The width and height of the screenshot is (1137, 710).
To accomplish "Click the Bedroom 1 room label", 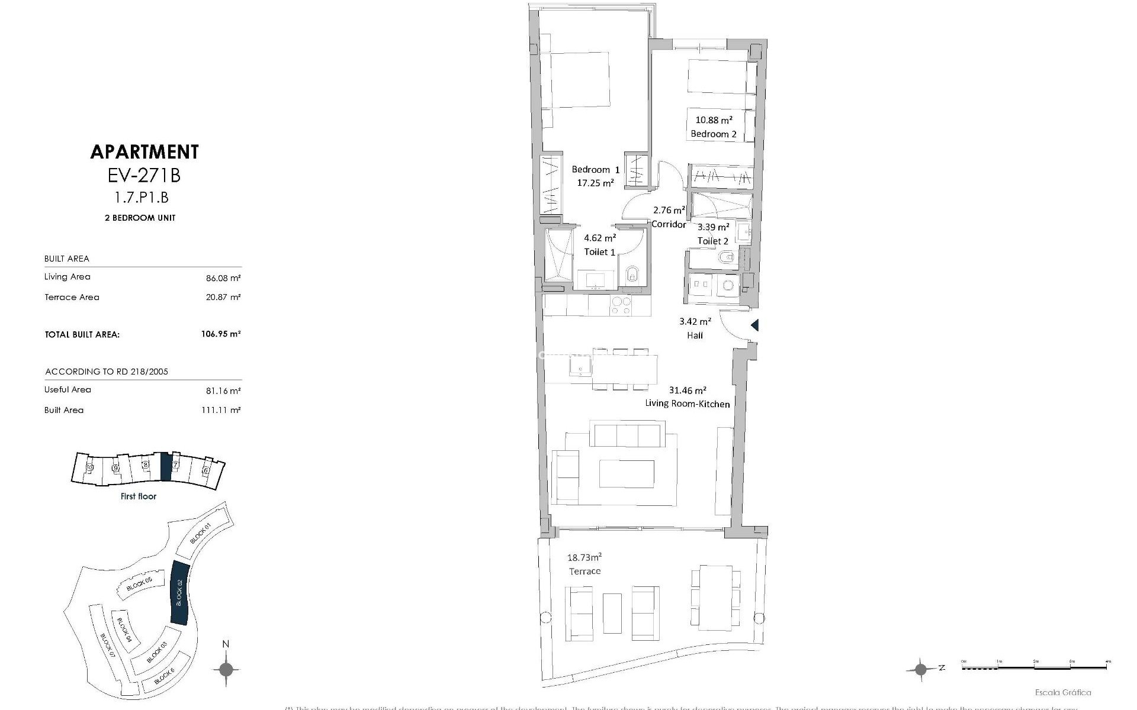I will (595, 170).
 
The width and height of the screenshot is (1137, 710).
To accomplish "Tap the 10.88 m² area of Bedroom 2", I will (714, 120).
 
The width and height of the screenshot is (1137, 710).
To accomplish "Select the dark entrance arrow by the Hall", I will (754, 325).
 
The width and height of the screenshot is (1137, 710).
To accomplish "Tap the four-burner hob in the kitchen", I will (621, 305).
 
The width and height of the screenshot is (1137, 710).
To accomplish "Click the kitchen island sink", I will (580, 366).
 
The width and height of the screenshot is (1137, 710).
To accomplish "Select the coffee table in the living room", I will (627, 474).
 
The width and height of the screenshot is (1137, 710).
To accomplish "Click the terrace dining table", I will (715, 598).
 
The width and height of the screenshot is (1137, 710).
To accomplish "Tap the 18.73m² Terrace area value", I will (584, 557).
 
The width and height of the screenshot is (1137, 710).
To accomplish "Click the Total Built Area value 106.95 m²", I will (220, 334).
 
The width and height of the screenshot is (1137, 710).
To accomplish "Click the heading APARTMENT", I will (144, 152).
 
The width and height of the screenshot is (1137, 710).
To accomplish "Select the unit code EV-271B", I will (144, 175).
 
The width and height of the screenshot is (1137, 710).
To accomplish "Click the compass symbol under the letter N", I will (226, 670).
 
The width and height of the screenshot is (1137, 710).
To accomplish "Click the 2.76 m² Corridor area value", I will (669, 210).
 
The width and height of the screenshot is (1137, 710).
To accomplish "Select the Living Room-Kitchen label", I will (687, 404).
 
